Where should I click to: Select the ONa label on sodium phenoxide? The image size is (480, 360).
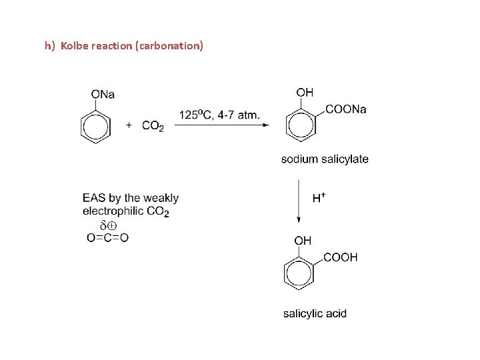103,95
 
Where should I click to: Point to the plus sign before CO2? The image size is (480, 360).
129,125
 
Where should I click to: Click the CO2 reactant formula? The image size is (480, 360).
153,126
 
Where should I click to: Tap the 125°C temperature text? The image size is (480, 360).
194,115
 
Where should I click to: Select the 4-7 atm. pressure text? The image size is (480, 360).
236,115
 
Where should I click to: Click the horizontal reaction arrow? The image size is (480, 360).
220,125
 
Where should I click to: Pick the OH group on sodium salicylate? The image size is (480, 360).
305,93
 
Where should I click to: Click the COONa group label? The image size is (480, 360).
345,110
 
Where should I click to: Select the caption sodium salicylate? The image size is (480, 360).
324,159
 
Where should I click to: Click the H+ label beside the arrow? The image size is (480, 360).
319,197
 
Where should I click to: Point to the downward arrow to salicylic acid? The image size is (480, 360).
299,201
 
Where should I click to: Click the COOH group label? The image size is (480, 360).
340,257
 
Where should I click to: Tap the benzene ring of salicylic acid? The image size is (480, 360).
298,273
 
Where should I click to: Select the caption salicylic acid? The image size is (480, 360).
315,313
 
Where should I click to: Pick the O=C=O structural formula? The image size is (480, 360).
107,238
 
